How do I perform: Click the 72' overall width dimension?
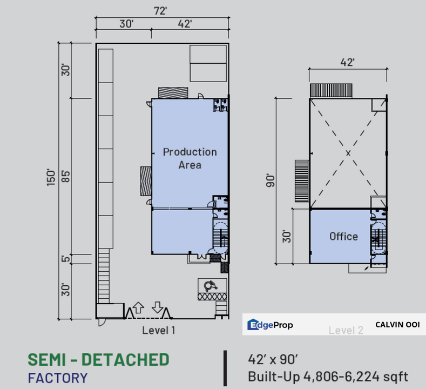click(160, 11)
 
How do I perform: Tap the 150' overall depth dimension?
click(51, 177)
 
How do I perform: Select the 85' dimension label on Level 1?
click(66, 177)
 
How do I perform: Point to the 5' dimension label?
click(65, 258)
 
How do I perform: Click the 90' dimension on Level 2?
click(270, 180)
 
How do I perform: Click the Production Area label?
click(190, 158)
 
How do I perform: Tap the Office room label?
click(344, 237)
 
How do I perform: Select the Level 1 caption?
click(159, 330)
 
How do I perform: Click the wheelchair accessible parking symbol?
click(211, 286)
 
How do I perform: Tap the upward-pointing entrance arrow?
click(138, 307)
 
